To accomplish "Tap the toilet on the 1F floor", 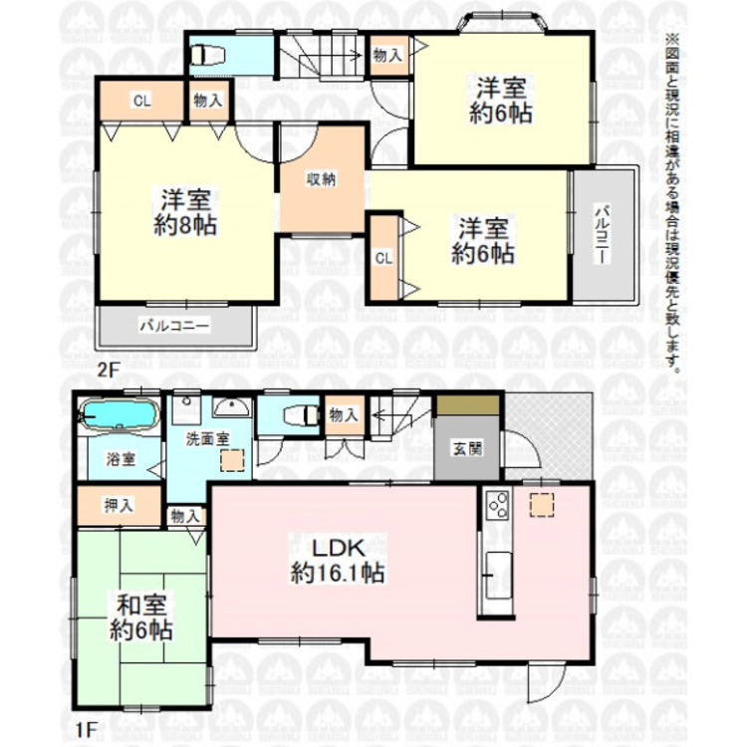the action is point(301,414).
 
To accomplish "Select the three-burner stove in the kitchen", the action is point(498,505).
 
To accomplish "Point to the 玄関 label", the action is point(467,448).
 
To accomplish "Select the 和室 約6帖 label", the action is point(141,618).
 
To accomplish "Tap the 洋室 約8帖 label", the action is point(185,211).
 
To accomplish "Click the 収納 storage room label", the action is point(321,179).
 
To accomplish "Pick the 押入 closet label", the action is point(120,505).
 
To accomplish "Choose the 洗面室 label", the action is point(208,439).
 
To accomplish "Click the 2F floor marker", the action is point(108,370).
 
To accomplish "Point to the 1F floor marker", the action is point(87,729).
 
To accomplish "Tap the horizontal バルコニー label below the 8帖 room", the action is point(174,326).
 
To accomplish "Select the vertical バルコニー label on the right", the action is point(603,234).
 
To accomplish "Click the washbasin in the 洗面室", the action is point(231,407).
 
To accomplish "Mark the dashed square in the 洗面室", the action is point(232,460).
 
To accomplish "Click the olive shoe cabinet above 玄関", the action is point(468,405).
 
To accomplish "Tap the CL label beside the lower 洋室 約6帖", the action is point(384,258).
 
